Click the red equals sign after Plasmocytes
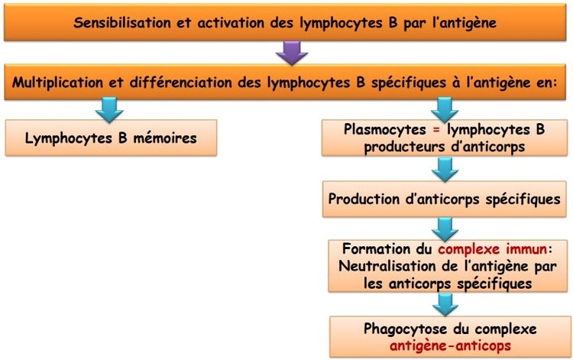(436, 131)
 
